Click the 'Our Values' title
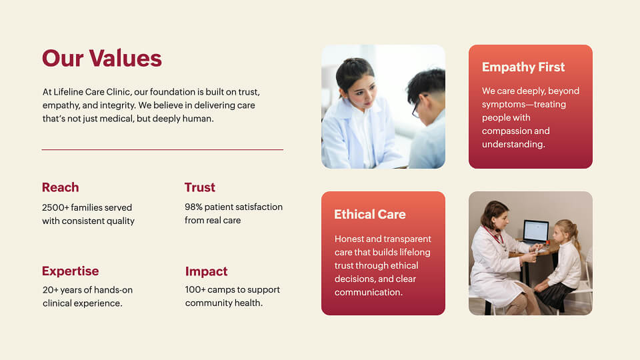tap(101, 58)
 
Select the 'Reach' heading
tap(61, 187)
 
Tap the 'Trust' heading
tap(199, 187)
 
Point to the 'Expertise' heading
tap(70, 271)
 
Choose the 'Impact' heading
tap(206, 271)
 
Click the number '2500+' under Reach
tap(55, 207)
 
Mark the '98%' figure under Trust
tap(193, 207)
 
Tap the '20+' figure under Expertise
tap(51, 290)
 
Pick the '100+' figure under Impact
tap(195, 289)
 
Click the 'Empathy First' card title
tap(523, 67)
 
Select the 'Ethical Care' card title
tap(370, 214)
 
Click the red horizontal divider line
tap(163, 150)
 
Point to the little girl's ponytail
tap(575, 237)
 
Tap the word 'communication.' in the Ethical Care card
tap(369, 292)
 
